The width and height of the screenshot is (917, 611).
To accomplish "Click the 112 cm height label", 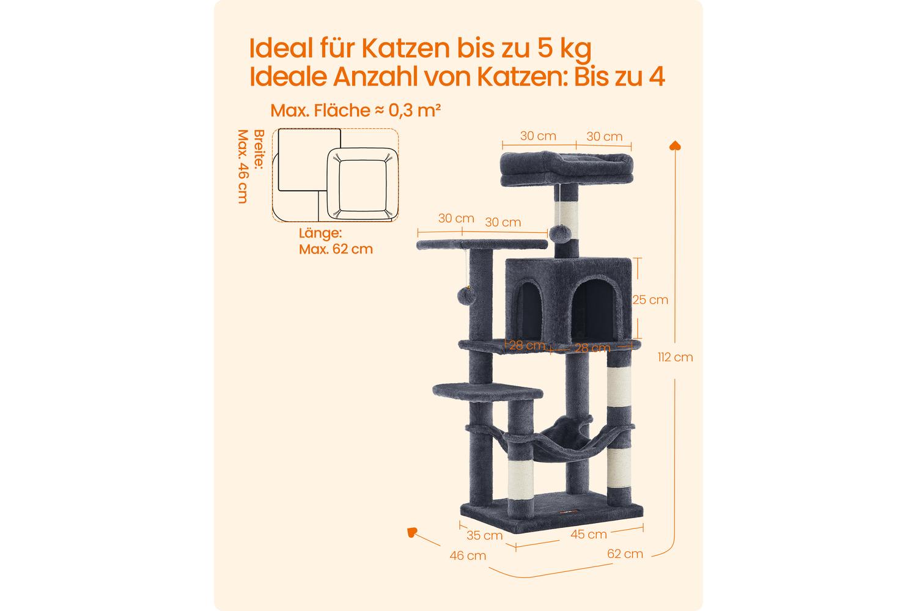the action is click(675, 357).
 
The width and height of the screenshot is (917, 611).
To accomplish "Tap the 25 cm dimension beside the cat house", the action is click(650, 300).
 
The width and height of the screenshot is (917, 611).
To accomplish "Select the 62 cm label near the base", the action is click(625, 554).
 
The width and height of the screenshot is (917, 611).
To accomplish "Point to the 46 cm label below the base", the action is click(468, 555).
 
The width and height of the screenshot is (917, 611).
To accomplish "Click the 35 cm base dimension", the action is click(484, 535).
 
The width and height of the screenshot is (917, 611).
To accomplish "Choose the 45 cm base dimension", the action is click(588, 534).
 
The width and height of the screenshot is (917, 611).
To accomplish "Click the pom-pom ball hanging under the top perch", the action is click(561, 233).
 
